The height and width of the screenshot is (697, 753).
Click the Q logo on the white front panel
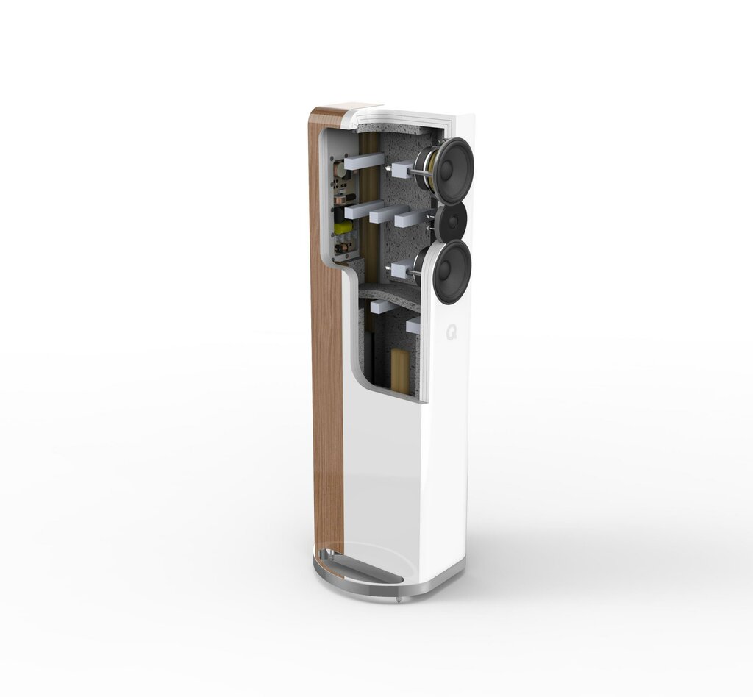[x=452, y=332]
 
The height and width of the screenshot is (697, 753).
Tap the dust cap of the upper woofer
[x=447, y=169]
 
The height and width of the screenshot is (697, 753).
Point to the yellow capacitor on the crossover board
[x=343, y=228]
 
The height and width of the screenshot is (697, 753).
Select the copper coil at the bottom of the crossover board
[x=342, y=249]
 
